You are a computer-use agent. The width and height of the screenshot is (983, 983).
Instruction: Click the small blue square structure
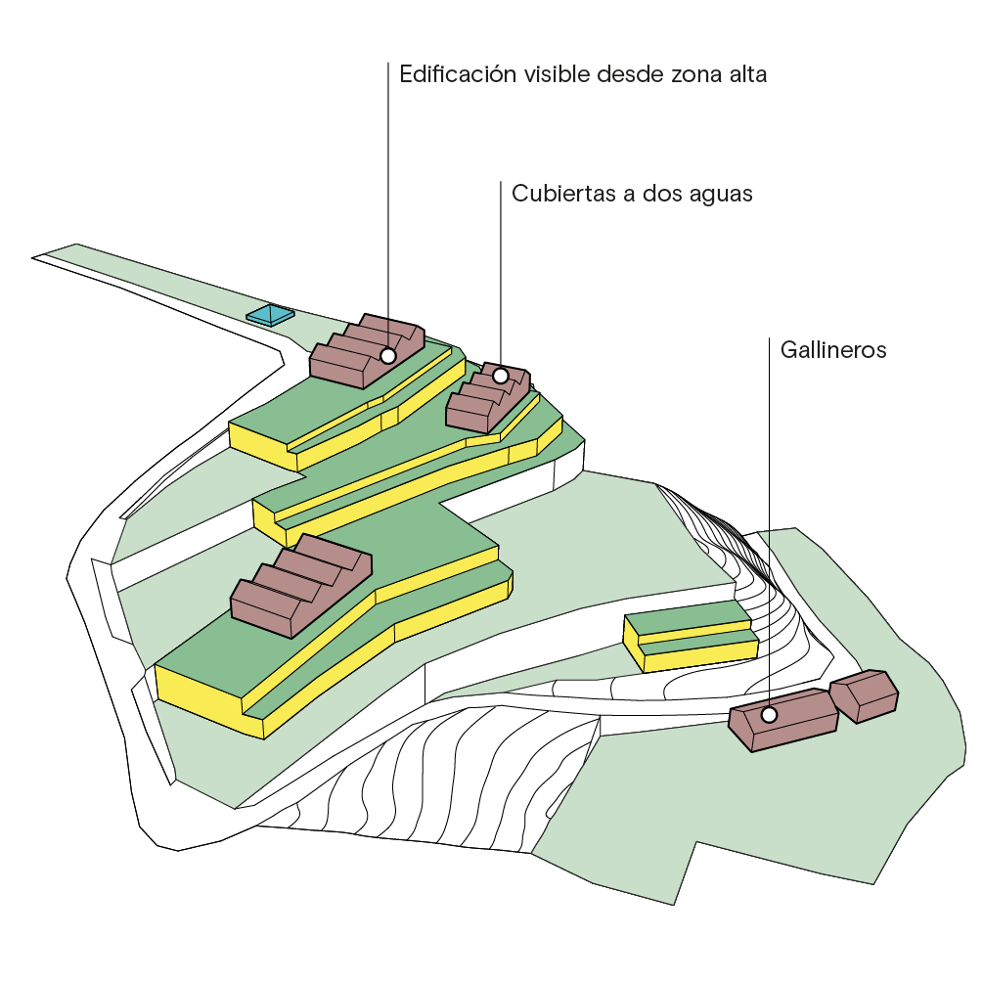pyautogui.click(x=270, y=315)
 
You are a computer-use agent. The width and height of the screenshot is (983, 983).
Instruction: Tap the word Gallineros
pyautogui.click(x=833, y=350)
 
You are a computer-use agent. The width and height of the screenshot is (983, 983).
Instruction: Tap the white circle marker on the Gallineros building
pyautogui.click(x=769, y=715)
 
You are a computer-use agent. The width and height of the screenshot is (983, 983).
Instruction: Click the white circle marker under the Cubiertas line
pyautogui.click(x=500, y=376)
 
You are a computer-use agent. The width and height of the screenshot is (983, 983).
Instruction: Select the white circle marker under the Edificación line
pyautogui.click(x=388, y=356)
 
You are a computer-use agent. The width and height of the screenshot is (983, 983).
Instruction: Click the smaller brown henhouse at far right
pyautogui.click(x=864, y=695)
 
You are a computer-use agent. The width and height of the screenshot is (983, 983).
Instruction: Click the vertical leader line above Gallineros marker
pyautogui.click(x=769, y=528)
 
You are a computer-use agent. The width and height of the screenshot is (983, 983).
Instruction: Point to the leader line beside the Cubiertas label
pyautogui.click(x=501, y=274)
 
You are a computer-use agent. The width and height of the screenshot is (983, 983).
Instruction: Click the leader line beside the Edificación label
pyautogui.click(x=388, y=196)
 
